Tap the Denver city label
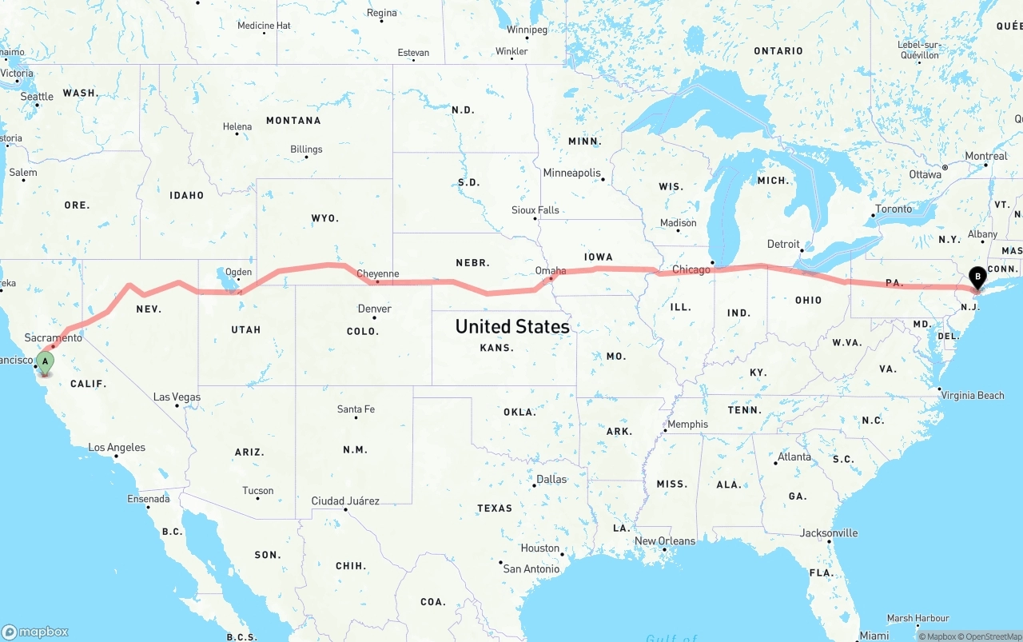pyautogui.click(x=374, y=309)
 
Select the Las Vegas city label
pyautogui.click(x=177, y=397)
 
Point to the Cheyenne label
pyautogui.click(x=377, y=273)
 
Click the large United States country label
pyautogui.click(x=512, y=326)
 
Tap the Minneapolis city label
pyautogui.click(x=571, y=173)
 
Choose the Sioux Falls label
pyautogui.click(x=535, y=210)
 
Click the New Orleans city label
pyautogui.click(x=665, y=541)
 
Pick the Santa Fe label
pyautogui.click(x=356, y=409)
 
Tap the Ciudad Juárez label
pyautogui.click(x=345, y=501)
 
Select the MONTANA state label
pyautogui.click(x=293, y=121)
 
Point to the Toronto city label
pyautogui.click(x=894, y=209)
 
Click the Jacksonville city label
pyautogui.click(x=829, y=533)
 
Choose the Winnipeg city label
pyautogui.click(x=527, y=30)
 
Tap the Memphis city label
pyautogui.click(x=687, y=425)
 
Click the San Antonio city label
pyautogui.click(x=531, y=569)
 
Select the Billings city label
pyautogui.click(x=306, y=150)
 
